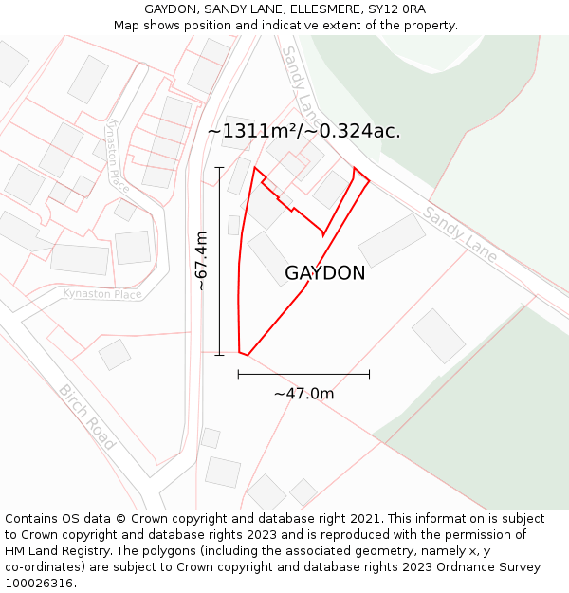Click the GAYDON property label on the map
pos(324,273)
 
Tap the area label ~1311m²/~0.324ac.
pos(303,131)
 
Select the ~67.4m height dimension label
pos(201,261)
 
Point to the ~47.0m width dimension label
pos(303,394)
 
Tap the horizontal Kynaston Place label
pos(102,294)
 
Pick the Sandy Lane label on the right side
pos(460,231)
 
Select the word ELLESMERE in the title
pos(321,9)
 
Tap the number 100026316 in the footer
pos(37,583)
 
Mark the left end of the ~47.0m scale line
pos(238,374)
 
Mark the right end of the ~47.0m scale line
pos(369,374)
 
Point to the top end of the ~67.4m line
pos(219,168)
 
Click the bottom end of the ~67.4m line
pos(219,356)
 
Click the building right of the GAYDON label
pos(392,239)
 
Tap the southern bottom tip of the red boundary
pos(248,356)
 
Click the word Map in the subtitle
pos(127,26)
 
